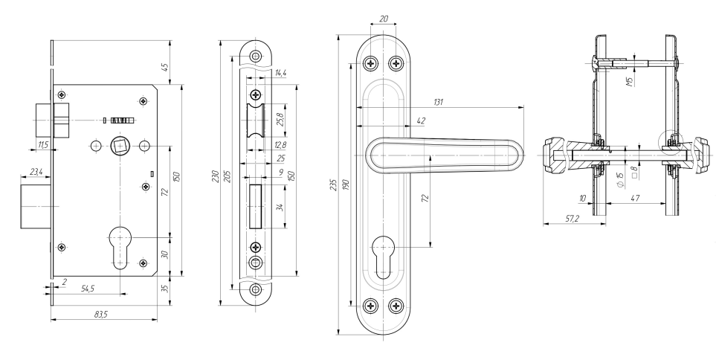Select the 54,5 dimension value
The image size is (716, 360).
(x=88, y=289)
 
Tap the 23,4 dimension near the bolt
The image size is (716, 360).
(x=36, y=172)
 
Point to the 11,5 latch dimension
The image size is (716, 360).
(x=43, y=145)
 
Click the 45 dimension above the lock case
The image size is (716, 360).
(x=165, y=67)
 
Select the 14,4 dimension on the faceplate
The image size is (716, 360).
(x=280, y=73)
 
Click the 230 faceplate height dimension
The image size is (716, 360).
(x=216, y=176)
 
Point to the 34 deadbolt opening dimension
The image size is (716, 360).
(x=280, y=207)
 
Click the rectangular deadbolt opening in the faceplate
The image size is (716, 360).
(x=255, y=206)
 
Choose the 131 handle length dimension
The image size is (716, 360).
(x=439, y=103)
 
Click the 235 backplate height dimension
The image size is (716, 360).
(x=333, y=184)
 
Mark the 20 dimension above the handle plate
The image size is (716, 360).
(x=384, y=19)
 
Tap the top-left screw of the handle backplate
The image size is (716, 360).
(x=371, y=63)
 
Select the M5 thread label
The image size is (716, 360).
(x=629, y=82)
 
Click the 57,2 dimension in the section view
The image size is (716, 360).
(x=572, y=219)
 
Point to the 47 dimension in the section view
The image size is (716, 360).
(x=635, y=198)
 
